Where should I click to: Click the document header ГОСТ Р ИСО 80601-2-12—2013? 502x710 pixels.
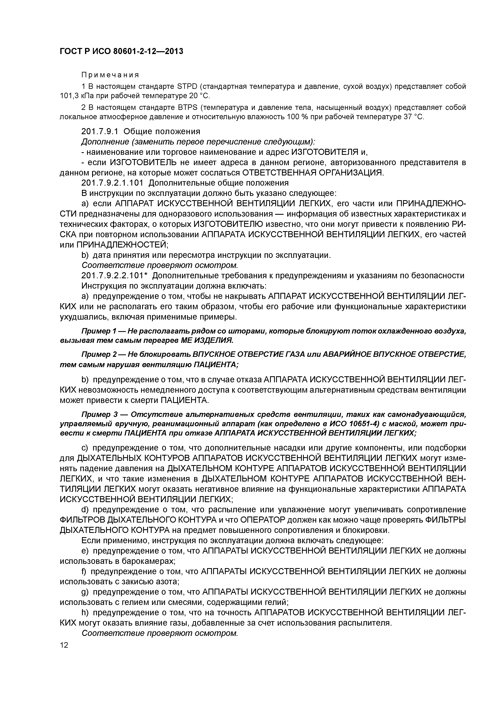[x=121, y=51]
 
